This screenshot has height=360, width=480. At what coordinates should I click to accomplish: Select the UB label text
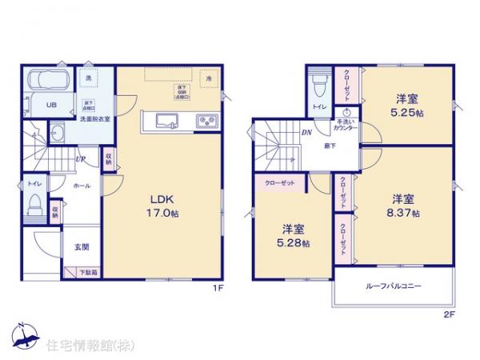50,105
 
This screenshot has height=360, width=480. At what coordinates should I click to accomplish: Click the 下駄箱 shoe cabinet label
89,273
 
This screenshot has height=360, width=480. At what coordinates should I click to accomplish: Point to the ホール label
82,185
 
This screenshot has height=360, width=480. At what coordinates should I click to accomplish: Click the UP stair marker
81,159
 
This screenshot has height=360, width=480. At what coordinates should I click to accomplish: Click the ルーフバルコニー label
394,286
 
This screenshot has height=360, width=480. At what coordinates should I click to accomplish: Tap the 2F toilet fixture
320,86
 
